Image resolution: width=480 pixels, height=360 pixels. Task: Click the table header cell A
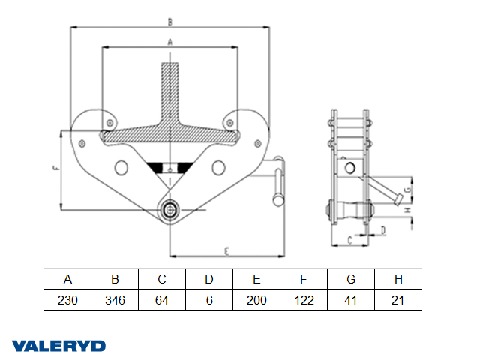[67, 279]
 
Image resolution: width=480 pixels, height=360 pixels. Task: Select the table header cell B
[115, 279]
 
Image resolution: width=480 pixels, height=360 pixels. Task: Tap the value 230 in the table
[67, 300]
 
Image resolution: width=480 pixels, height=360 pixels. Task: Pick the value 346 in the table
[115, 300]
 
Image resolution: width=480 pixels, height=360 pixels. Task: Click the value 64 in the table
[162, 300]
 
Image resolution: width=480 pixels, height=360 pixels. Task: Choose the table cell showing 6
[209, 300]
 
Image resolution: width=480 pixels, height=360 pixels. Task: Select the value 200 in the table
[256, 300]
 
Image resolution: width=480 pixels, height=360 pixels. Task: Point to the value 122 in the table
[304, 300]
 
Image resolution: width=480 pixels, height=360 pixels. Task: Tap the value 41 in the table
[351, 300]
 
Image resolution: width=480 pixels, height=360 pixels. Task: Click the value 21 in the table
[398, 300]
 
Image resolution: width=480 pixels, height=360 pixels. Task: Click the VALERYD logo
[58, 346]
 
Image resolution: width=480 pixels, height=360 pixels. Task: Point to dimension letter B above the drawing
[170, 21]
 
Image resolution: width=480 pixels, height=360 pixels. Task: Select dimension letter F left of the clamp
[55, 169]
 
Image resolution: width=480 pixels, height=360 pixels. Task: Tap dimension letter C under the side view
[350, 240]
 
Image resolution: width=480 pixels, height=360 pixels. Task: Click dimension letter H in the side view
[408, 211]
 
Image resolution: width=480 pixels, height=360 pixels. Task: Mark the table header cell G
[351, 279]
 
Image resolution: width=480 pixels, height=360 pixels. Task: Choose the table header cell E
[256, 279]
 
